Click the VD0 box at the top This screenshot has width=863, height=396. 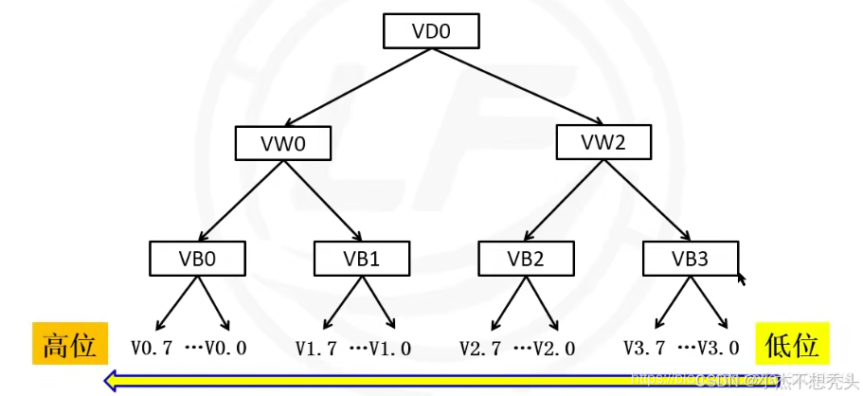click(x=431, y=31)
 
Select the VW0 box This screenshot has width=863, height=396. click(x=283, y=144)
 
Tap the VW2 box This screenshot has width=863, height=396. click(x=602, y=143)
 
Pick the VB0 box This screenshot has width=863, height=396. click(x=197, y=258)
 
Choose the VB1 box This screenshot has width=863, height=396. click(x=362, y=258)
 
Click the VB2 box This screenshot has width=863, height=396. click(x=526, y=258)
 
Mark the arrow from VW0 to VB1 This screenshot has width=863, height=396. click(x=322, y=201)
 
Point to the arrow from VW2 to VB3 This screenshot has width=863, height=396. click(x=646, y=201)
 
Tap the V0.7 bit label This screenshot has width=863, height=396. click(x=152, y=349)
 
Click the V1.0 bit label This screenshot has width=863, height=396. click(x=390, y=349)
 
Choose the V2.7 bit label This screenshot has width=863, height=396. click(x=480, y=349)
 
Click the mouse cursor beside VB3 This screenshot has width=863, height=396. click(x=742, y=278)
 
